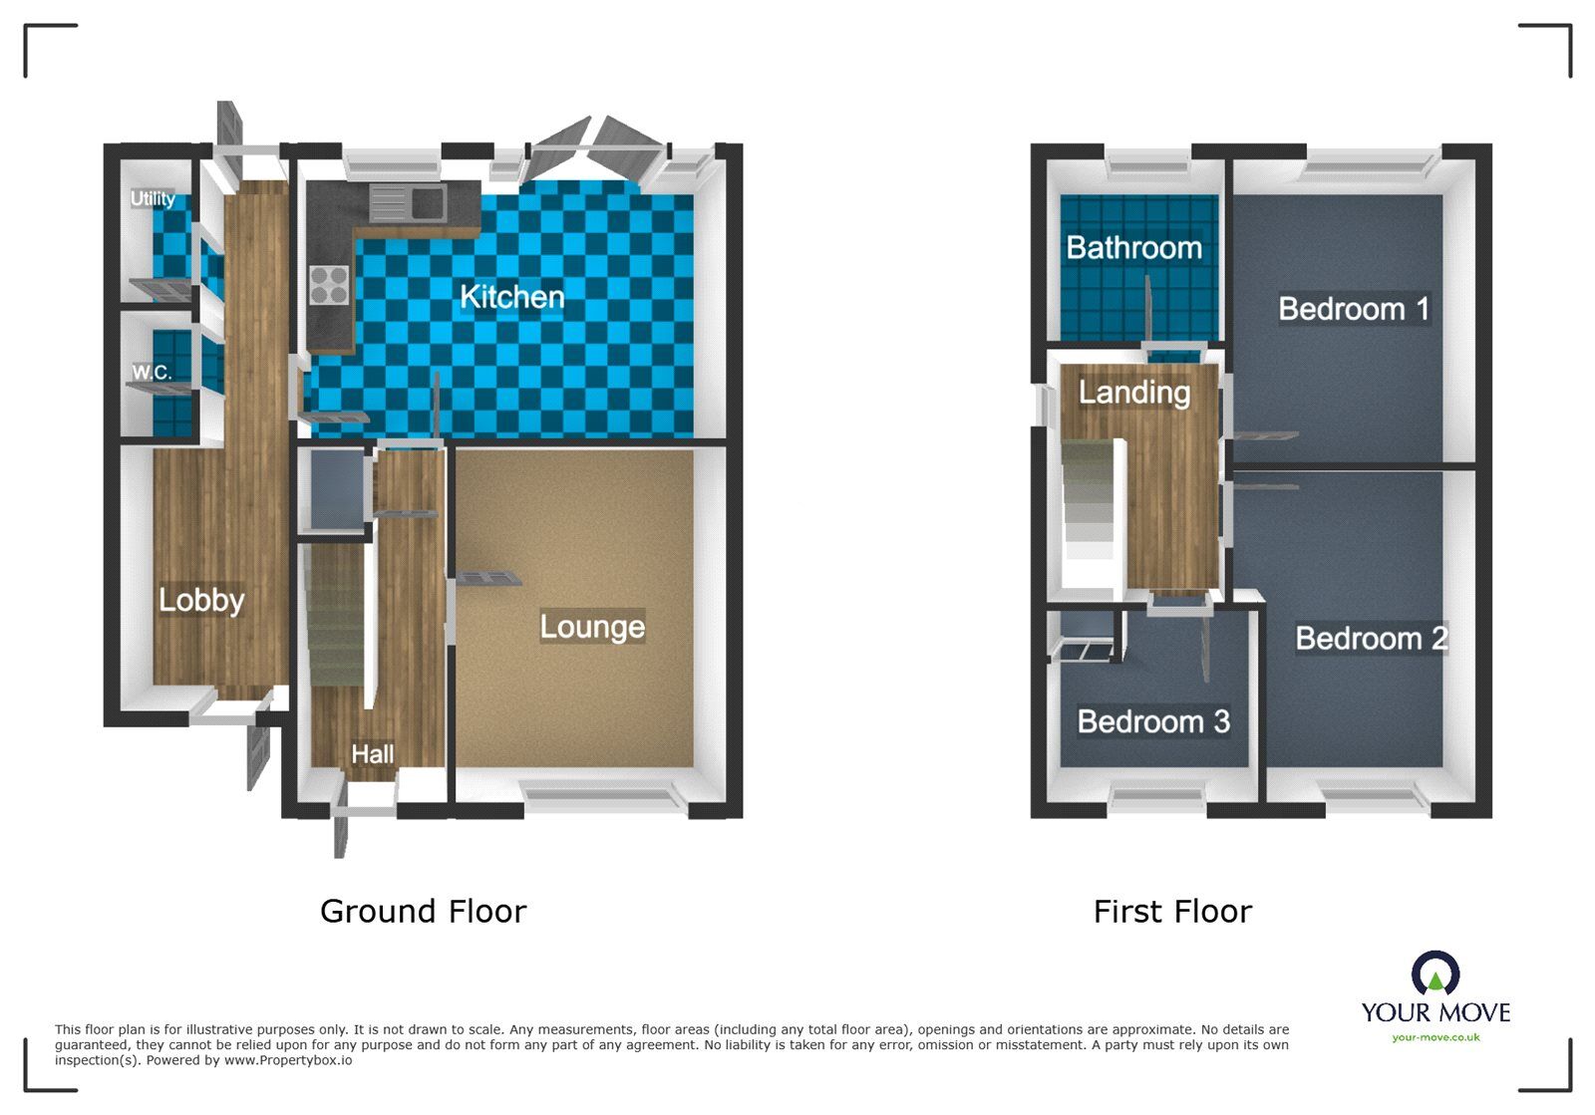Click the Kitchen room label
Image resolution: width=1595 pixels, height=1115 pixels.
click(x=512, y=297)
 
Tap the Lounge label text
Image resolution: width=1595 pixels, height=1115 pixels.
click(x=592, y=627)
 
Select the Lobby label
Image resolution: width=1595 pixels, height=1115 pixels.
click(x=201, y=600)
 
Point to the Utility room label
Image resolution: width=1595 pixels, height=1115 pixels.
click(x=153, y=198)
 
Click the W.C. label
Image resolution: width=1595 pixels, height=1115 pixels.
click(x=152, y=372)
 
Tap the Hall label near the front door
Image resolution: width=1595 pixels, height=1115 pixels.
click(x=373, y=753)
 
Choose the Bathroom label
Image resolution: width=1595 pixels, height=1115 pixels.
click(x=1133, y=248)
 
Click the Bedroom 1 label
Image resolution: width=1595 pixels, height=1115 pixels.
click(x=1354, y=309)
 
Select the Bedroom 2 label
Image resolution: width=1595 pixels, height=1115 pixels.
click(x=1372, y=639)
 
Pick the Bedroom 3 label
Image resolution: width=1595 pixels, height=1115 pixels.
click(x=1153, y=721)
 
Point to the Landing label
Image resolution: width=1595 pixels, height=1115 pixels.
click(x=1134, y=392)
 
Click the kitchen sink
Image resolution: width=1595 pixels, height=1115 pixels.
click(x=408, y=203)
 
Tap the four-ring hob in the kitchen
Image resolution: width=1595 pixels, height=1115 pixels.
click(x=329, y=285)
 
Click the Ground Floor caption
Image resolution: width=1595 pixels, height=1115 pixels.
click(x=423, y=912)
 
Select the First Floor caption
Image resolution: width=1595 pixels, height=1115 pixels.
click(x=1172, y=912)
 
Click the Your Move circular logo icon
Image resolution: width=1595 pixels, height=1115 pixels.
click(x=1435, y=973)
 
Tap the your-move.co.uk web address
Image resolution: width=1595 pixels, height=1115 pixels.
click(x=1435, y=1037)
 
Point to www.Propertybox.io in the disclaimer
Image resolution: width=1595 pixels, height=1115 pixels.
click(x=288, y=1060)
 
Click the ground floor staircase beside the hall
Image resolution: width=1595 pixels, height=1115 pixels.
click(x=336, y=615)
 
